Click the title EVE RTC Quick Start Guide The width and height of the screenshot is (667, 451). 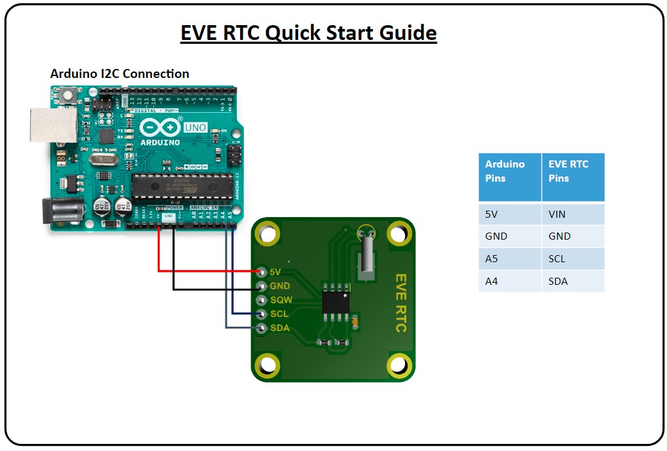point(308,33)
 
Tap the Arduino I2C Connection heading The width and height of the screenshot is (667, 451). point(120,73)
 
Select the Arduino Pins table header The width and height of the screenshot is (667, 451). point(509,171)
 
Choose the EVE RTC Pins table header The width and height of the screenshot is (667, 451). point(572,171)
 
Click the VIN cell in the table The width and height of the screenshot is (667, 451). point(558,214)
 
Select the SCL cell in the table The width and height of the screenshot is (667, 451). point(558,258)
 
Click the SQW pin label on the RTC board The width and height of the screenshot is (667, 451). point(281,300)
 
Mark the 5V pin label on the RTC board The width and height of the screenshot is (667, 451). point(276,272)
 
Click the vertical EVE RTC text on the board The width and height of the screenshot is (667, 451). point(400,303)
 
